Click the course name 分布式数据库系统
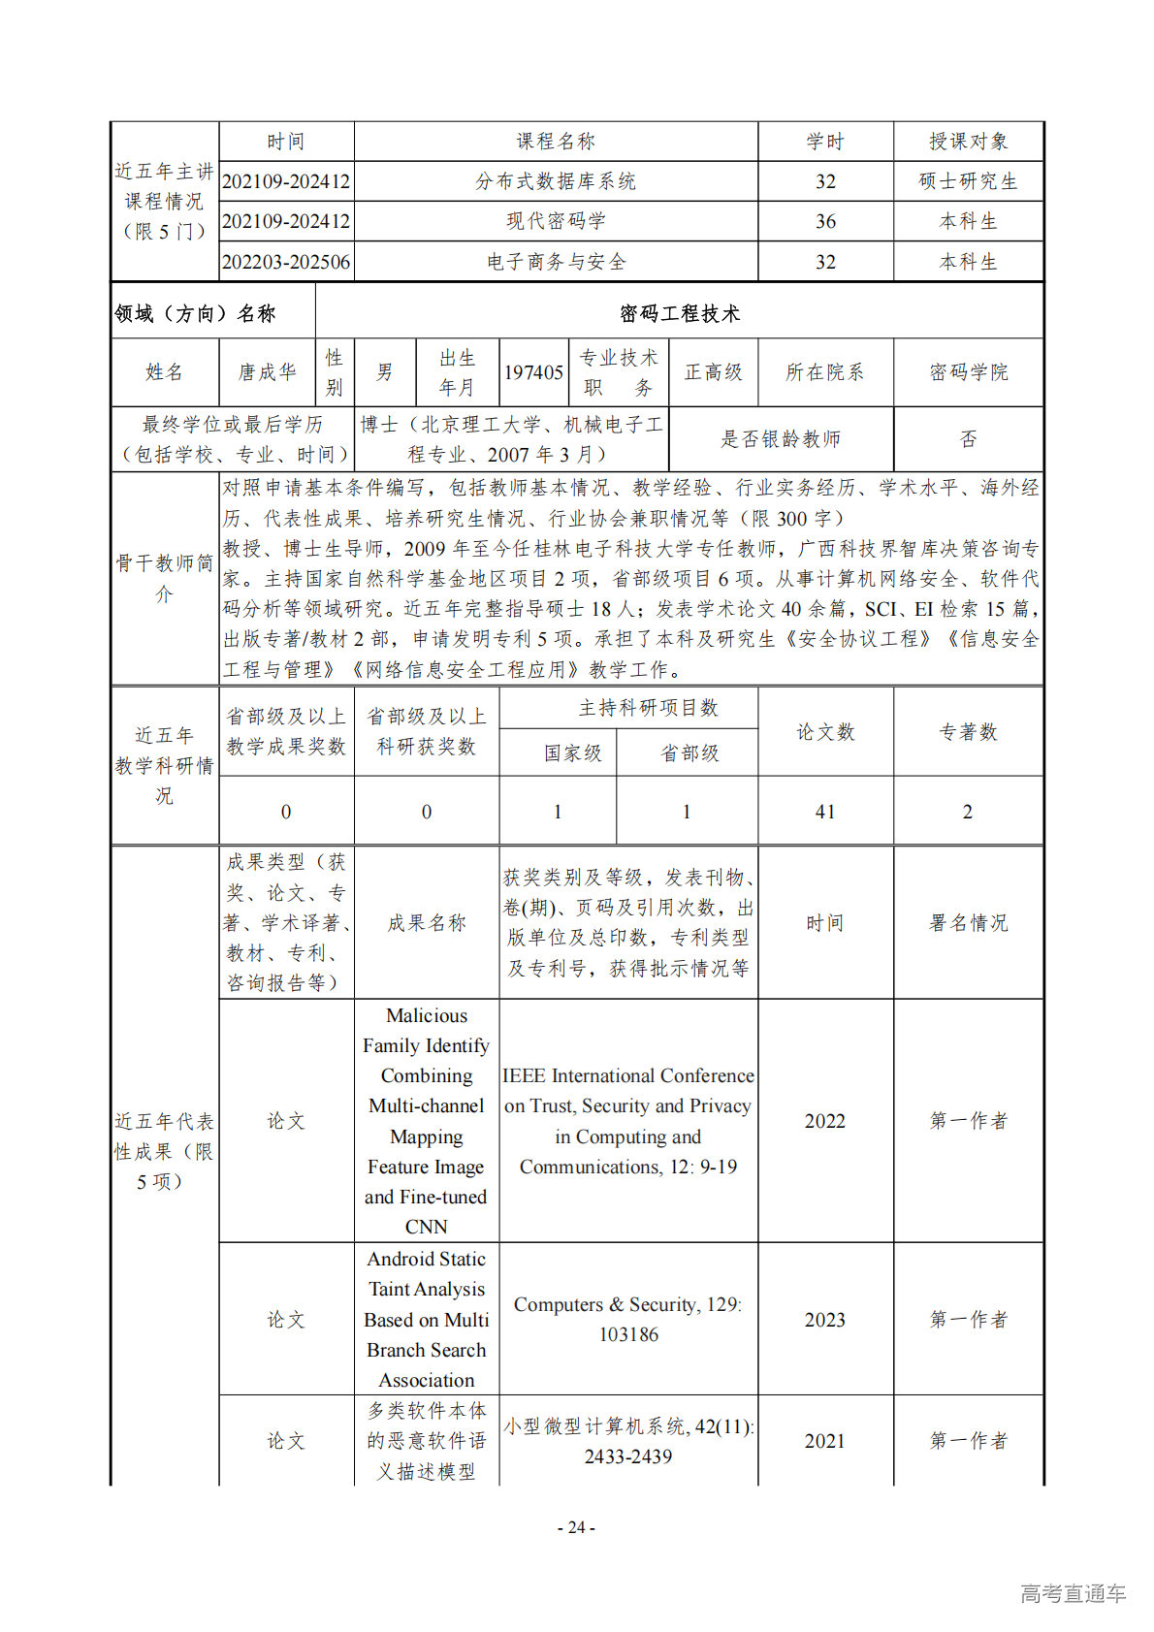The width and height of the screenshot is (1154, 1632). click(556, 181)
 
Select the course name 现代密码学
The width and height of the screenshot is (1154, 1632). click(556, 221)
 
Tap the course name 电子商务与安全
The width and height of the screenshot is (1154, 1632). click(556, 262)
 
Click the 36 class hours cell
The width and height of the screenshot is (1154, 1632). click(825, 221)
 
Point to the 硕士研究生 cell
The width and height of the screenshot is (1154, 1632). click(968, 181)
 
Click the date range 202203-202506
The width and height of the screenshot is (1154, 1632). click(286, 262)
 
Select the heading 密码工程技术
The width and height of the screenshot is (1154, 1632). click(680, 313)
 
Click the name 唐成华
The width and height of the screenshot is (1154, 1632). click(268, 372)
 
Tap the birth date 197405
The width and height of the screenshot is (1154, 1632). click(533, 372)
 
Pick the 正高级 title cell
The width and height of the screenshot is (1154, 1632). click(713, 372)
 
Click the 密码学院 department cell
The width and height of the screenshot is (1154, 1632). click(968, 372)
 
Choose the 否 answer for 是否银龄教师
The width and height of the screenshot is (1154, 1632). click(968, 439)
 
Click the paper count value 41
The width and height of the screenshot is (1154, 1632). click(825, 812)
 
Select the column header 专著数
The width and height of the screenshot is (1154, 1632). click(968, 732)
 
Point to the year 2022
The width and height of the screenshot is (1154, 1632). click(825, 1121)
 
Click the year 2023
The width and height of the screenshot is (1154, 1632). click(825, 1320)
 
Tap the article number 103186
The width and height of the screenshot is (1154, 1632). click(628, 1335)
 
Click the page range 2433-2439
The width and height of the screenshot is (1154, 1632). click(628, 1456)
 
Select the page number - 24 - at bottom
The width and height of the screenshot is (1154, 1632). click(576, 1527)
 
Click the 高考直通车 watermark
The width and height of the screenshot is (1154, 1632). click(1073, 1593)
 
